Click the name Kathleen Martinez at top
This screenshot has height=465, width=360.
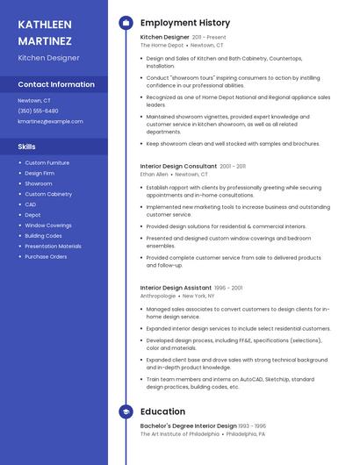(x=46, y=32)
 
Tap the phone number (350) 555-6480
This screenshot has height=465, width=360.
(x=38, y=111)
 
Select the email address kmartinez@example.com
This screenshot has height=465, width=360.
(x=50, y=121)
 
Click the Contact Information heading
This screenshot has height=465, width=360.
(x=56, y=84)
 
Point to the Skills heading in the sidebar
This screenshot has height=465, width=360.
(x=26, y=147)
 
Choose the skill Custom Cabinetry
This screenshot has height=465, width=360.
(x=48, y=194)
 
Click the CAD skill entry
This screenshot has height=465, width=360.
(x=31, y=204)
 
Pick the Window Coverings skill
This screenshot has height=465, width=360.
(x=48, y=225)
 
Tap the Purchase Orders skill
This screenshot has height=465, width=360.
(x=46, y=257)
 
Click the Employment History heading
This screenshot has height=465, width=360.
(x=185, y=23)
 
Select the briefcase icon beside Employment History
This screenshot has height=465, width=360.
(x=126, y=23)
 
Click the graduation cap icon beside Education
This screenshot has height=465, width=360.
(x=126, y=411)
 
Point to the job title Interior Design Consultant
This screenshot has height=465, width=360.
(x=178, y=166)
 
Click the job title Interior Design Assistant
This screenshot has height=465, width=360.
(x=176, y=288)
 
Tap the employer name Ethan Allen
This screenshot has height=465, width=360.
(x=154, y=175)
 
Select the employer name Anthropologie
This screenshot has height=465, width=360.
(x=158, y=297)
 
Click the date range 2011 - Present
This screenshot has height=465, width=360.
(x=209, y=38)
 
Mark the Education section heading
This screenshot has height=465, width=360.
(x=162, y=411)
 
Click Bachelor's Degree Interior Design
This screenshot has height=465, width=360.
(x=189, y=426)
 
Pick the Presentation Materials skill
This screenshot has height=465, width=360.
(x=53, y=247)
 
